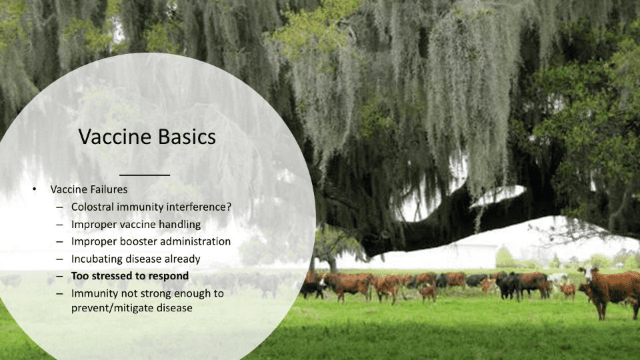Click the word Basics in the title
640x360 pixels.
(x=187, y=137)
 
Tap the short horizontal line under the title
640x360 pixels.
(x=145, y=175)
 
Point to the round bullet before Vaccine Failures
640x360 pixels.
(x=34, y=189)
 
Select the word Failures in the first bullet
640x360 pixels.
(x=108, y=189)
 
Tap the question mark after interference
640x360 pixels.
(x=229, y=207)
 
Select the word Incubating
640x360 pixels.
(x=96, y=259)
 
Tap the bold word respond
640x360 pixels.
(x=169, y=276)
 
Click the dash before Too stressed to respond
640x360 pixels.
(x=59, y=276)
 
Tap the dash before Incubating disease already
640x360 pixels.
(x=59, y=259)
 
